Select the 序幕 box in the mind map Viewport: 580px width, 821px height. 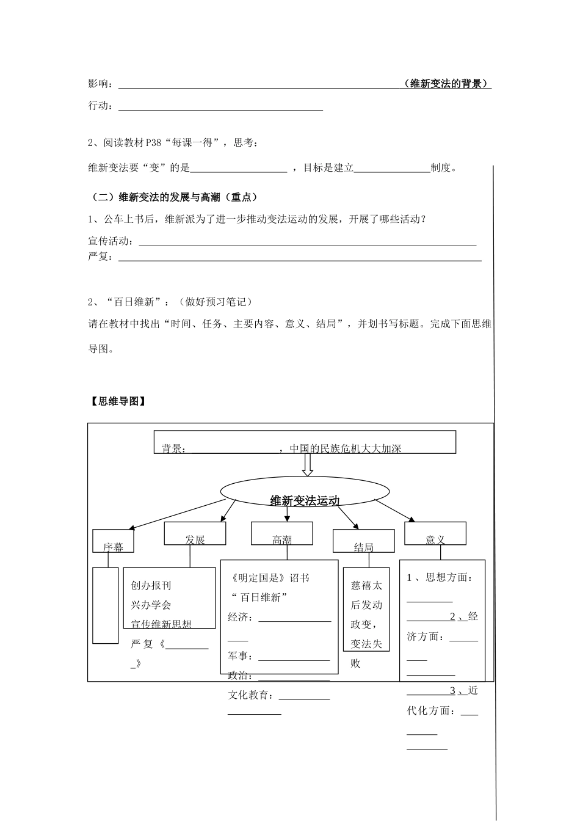pos(113,541)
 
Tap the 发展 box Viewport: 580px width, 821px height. pos(195,533)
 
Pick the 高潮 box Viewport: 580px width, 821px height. pos(281,533)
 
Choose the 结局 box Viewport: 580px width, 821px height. pos(363,542)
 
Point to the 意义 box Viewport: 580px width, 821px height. pos(435,533)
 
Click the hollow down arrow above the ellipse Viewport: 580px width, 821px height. pos(308,464)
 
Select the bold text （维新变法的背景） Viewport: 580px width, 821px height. pos(448,84)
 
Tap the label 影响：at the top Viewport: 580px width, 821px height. pos(101,84)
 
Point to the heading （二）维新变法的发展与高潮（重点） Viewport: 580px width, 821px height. pos(173,197)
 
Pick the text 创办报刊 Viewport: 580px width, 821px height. pos(151,585)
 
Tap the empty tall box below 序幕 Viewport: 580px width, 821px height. pos(106,605)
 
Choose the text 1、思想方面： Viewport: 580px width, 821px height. pos(439,577)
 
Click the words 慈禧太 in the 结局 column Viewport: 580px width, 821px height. pos(366,585)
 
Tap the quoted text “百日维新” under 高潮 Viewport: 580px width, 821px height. pos(259,597)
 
